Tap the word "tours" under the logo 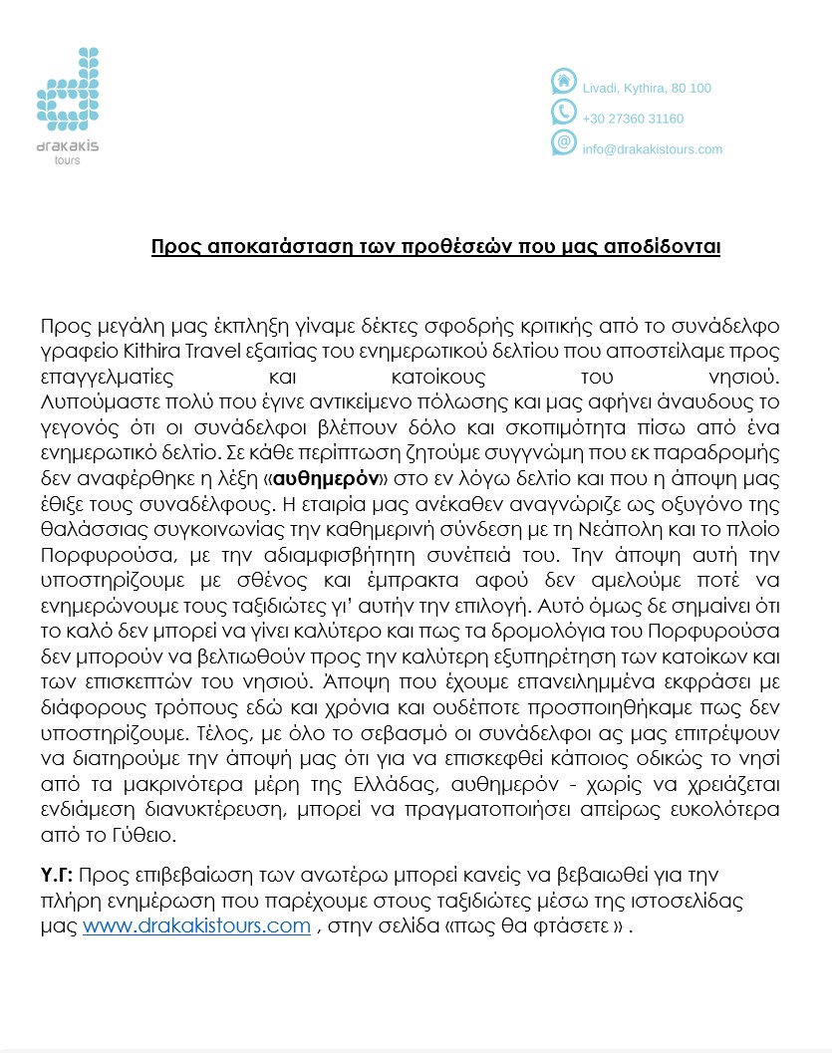[67, 159]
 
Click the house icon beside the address [564, 81]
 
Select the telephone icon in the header [564, 112]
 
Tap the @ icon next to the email [564, 142]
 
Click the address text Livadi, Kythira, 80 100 [647, 89]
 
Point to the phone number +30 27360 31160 [633, 119]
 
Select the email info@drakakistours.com [652, 149]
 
